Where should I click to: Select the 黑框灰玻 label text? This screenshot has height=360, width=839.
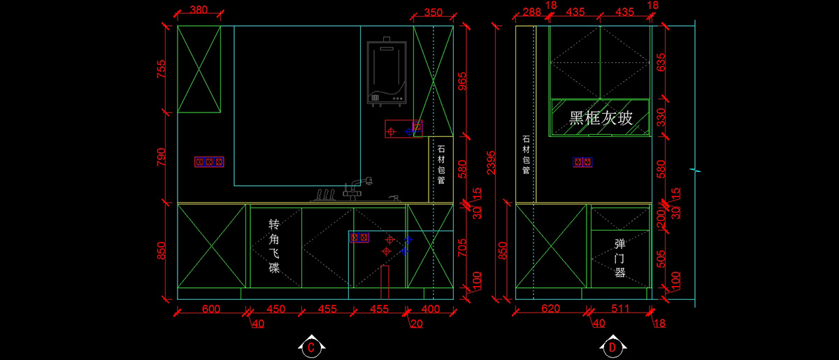(x=601, y=118)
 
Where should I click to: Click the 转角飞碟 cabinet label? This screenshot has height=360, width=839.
(x=275, y=246)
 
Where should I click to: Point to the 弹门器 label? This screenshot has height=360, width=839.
(x=619, y=258)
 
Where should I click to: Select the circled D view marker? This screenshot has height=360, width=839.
(x=612, y=345)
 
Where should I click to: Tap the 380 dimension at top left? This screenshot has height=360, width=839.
(x=199, y=11)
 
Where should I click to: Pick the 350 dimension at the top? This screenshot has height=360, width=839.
(x=433, y=12)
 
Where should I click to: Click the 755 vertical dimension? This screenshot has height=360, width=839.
(x=162, y=70)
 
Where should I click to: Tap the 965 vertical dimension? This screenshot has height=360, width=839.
(x=461, y=81)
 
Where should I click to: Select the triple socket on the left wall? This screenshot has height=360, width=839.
(x=210, y=162)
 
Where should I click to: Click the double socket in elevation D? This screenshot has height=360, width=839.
(x=583, y=162)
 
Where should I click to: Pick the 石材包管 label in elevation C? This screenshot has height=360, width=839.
(x=441, y=165)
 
